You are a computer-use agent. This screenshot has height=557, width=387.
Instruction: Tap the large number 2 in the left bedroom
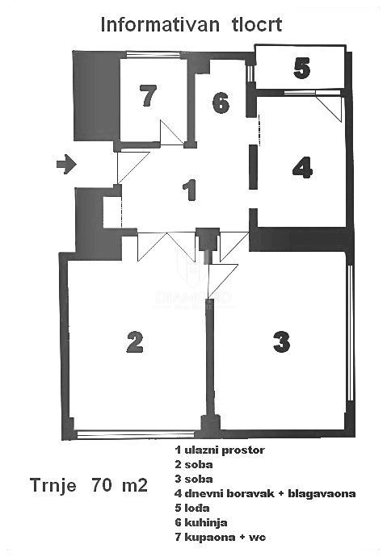coord(135,341)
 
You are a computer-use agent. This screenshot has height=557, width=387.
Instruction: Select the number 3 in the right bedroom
coord(280,341)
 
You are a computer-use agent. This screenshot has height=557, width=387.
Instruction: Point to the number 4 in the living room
coord(301,168)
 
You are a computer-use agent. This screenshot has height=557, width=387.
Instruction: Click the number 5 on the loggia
coord(301,69)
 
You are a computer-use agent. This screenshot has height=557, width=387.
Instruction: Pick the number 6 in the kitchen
coord(221,103)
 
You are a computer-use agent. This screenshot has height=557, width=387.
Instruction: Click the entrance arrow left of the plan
coord(66,165)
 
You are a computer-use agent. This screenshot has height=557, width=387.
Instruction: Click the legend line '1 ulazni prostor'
coord(219,449)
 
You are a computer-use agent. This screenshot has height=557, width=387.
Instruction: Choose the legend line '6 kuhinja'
coord(200,522)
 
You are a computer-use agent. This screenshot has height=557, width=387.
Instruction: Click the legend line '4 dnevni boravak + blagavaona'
coord(265,493)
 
